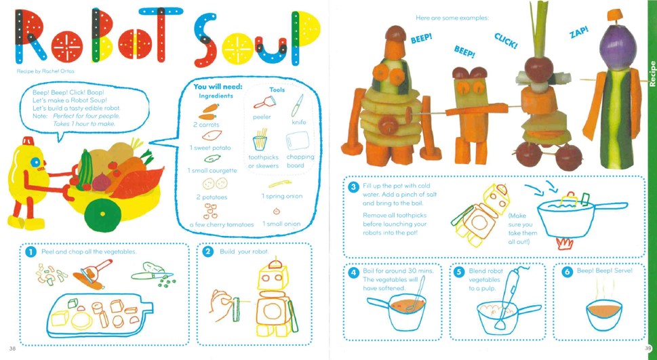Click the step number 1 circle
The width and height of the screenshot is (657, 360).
(x=30, y=252)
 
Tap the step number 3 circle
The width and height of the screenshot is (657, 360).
(x=353, y=187)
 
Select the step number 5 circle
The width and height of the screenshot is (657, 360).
(x=459, y=272)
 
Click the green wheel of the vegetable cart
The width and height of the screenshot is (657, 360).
(x=102, y=214)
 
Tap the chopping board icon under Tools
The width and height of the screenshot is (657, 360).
(x=298, y=141)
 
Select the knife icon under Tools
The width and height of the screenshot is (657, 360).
(x=297, y=105)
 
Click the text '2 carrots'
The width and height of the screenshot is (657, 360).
(x=206, y=125)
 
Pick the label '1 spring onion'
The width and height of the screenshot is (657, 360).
(x=282, y=196)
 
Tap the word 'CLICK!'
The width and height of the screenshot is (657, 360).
(x=505, y=41)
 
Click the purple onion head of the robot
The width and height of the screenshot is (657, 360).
(x=618, y=45)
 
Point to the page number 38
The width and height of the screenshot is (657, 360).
(x=12, y=348)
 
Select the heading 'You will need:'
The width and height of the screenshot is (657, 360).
(x=218, y=87)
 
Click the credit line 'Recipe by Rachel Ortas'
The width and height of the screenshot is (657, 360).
(x=45, y=71)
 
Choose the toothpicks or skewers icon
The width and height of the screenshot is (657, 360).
(x=260, y=140)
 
